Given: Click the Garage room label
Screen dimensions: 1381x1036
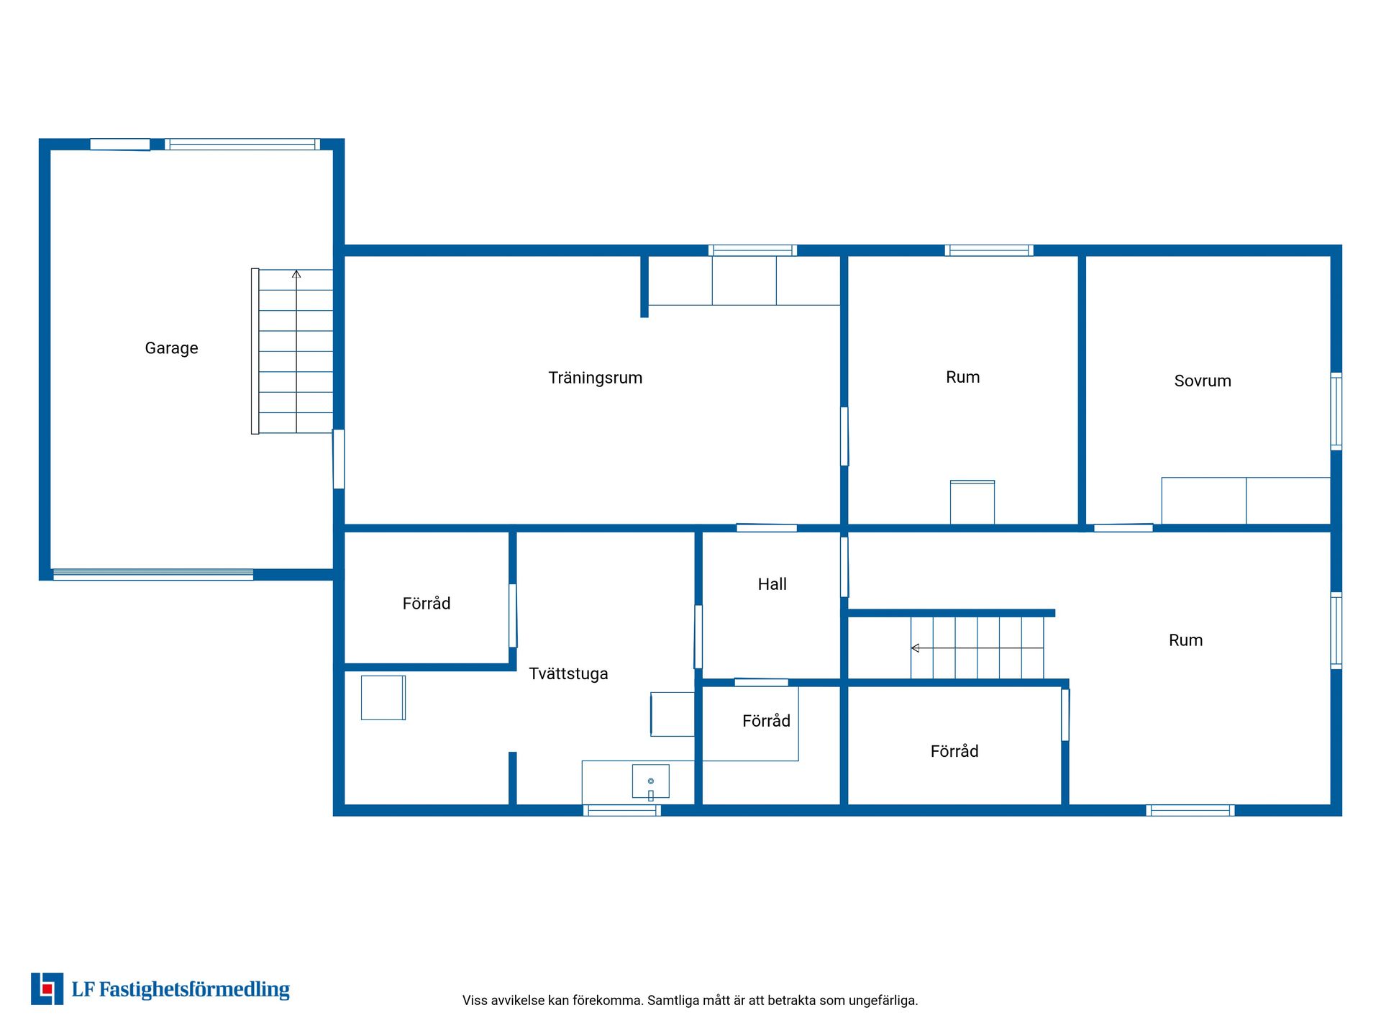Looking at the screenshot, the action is [x=171, y=349].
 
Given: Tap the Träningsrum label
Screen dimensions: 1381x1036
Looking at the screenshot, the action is [x=595, y=378].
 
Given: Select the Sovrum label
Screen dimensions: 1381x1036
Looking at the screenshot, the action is [x=1203, y=381].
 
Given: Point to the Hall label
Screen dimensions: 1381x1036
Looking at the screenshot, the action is [x=772, y=584].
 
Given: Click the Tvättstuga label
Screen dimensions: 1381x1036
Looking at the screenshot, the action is [x=568, y=674].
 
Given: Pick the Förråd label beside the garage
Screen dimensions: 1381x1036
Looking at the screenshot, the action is [x=427, y=604].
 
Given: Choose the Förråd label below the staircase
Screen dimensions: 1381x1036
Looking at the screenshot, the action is [x=954, y=752].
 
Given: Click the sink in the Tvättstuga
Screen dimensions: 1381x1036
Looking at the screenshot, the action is [x=650, y=781].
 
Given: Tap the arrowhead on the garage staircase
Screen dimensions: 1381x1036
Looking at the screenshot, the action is [x=296, y=274].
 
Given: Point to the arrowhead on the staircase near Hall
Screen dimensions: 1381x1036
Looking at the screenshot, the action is [x=915, y=648].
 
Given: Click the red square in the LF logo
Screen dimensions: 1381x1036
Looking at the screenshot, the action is [x=47, y=989].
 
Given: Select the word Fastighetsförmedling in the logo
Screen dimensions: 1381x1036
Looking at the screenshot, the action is [x=194, y=990].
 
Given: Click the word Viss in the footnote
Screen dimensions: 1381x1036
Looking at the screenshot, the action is [x=475, y=1001].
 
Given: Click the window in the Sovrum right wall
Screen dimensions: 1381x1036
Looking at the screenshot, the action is [x=1336, y=412].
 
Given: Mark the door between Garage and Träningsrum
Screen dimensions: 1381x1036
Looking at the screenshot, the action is [x=338, y=459].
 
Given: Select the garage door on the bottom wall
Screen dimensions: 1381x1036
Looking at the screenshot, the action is [x=153, y=575].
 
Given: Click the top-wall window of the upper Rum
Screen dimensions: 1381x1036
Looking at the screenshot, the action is [x=989, y=250].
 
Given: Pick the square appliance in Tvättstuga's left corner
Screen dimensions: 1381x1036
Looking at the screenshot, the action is [x=383, y=698].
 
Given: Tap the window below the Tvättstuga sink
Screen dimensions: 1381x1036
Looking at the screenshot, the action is [x=622, y=811].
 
